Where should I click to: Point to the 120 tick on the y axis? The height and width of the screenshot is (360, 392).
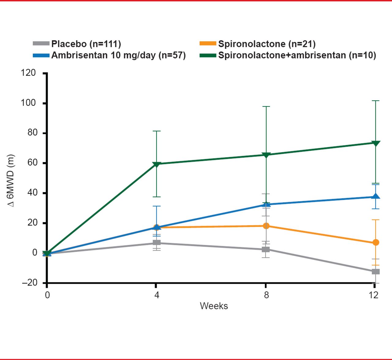pyautogui.click(x=28, y=73)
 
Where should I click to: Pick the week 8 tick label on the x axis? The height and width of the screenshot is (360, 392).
pyautogui.click(x=266, y=295)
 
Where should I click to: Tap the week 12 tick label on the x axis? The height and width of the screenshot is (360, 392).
pyautogui.click(x=374, y=295)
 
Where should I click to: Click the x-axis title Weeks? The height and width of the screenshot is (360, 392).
pyautogui.click(x=214, y=306)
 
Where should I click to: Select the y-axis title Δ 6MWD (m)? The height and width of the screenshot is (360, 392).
pyautogui.click(x=11, y=180)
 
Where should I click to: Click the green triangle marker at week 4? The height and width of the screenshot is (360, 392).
pyautogui.click(x=156, y=164)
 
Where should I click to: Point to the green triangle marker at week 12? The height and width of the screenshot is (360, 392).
pyautogui.click(x=376, y=143)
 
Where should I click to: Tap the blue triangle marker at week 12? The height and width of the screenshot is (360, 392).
pyautogui.click(x=376, y=196)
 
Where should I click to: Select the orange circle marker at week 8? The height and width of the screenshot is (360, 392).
pyautogui.click(x=266, y=226)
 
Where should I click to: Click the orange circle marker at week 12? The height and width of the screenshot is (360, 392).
pyautogui.click(x=376, y=243)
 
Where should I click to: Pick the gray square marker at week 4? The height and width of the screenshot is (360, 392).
pyautogui.click(x=156, y=243)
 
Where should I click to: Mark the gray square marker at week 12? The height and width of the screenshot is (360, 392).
pyautogui.click(x=376, y=272)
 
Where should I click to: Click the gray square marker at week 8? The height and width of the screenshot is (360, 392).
pyautogui.click(x=266, y=250)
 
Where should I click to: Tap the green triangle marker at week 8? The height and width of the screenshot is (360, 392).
pyautogui.click(x=266, y=155)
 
